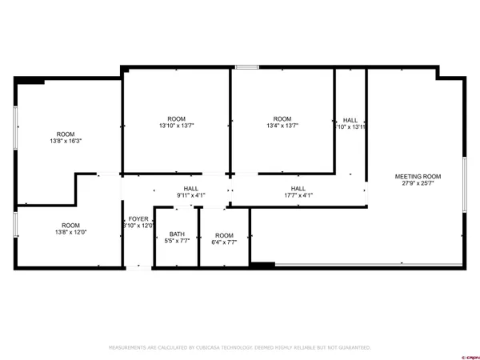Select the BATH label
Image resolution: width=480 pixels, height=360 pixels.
tap(177, 234)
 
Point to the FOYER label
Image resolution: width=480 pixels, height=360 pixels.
tap(138, 218)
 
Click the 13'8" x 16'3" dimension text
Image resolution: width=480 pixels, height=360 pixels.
tap(66, 141)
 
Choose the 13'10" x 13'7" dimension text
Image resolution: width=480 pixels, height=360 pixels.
tap(177, 126)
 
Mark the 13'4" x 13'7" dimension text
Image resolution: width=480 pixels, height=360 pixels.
tap(282, 126)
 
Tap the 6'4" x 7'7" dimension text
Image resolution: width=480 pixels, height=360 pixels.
tap(224, 242)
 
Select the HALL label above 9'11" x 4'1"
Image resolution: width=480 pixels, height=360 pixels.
tap(191, 188)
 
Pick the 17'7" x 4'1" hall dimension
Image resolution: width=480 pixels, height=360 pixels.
tap(298, 195)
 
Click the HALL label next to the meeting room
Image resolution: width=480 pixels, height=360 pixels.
tap(350, 119)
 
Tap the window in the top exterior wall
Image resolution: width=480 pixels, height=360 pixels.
tap(246, 68)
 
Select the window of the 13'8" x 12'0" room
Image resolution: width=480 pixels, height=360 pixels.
tap(15, 224)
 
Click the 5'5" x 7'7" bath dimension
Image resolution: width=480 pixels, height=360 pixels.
tap(177, 242)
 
